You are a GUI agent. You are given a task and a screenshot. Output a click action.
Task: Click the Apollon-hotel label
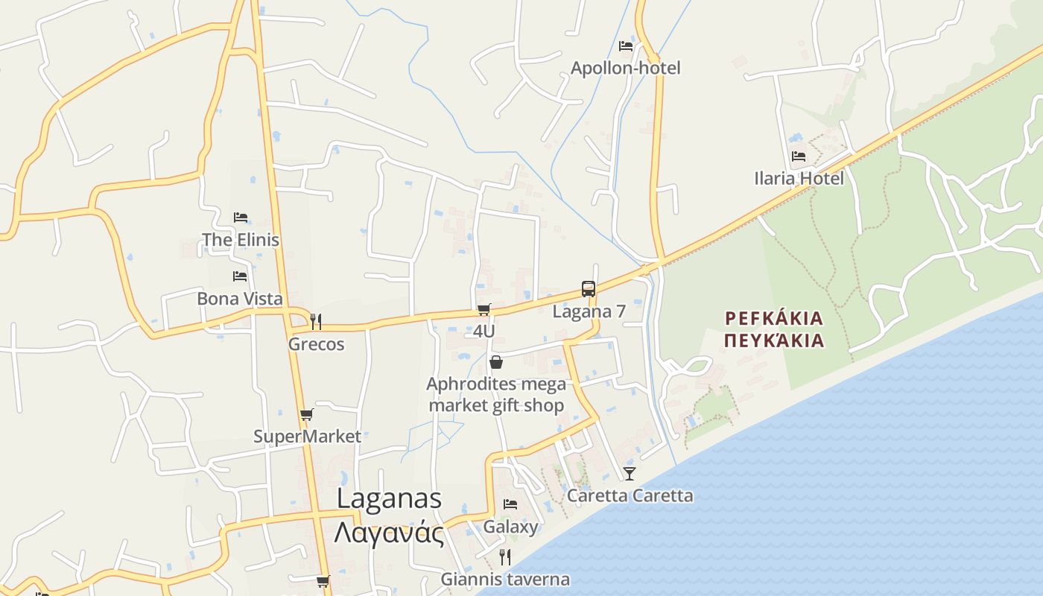point(625,68)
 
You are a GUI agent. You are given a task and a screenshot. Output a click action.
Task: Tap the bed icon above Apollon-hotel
point(626,45)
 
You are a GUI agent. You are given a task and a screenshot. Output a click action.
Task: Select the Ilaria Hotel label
point(799,178)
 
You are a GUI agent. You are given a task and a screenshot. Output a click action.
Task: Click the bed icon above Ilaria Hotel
point(799,156)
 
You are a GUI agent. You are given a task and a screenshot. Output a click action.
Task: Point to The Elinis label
point(240,240)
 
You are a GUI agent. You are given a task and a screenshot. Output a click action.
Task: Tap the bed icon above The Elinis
point(240,218)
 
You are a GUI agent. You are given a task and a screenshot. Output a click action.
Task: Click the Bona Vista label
point(239,299)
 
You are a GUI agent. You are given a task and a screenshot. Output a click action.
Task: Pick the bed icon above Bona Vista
point(239,276)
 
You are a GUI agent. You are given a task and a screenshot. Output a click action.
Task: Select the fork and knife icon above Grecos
point(316,321)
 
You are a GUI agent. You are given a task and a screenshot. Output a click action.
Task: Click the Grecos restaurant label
point(316,344)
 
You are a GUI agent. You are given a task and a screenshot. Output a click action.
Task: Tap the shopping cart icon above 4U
point(484,309)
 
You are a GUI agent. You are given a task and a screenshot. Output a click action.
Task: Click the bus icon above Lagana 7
point(589,289)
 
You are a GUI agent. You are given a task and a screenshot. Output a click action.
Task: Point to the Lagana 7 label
point(589,311)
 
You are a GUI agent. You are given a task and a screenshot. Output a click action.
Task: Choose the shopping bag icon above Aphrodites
point(496,362)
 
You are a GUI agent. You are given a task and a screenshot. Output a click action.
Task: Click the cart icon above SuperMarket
point(306,414)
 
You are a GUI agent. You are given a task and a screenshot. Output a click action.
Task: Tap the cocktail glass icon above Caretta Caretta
point(630,473)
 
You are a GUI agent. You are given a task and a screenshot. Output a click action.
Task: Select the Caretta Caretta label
point(630,495)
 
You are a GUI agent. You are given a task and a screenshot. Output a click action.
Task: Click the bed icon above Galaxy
point(510,504)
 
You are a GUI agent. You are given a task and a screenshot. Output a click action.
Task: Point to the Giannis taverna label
point(505,579)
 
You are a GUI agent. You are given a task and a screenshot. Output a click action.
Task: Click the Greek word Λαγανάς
point(389,533)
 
